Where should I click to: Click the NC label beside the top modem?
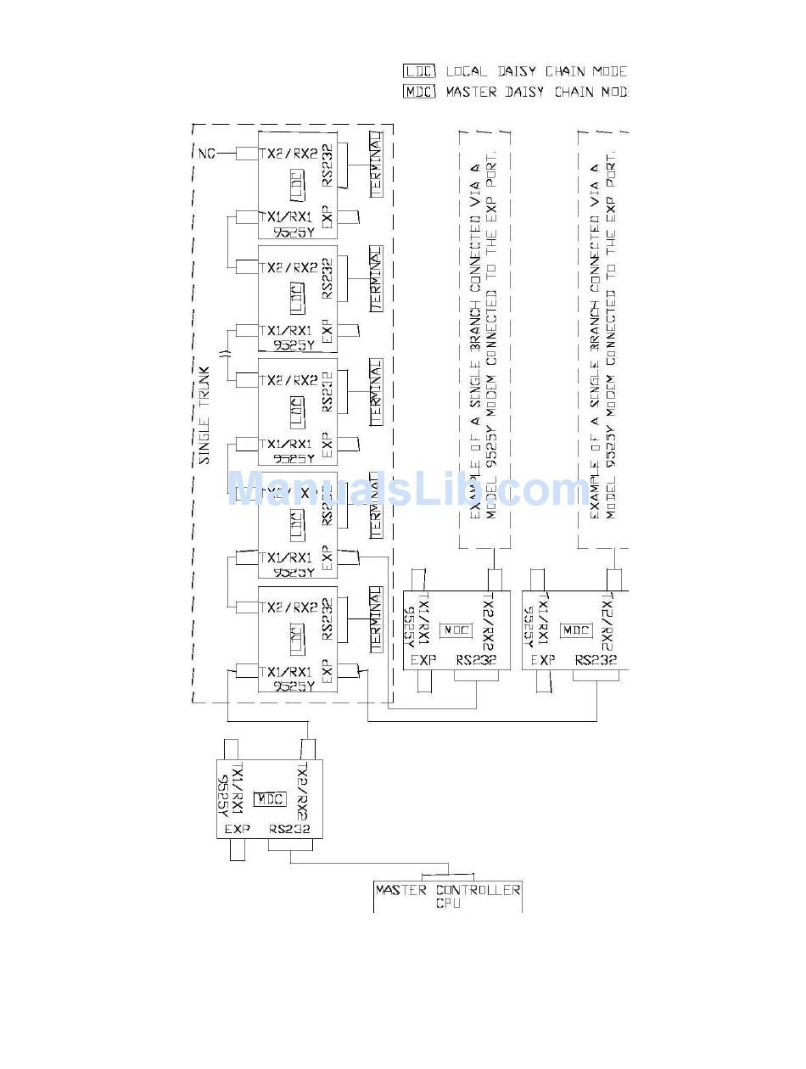(206, 154)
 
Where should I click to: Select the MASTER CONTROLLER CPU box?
(447, 897)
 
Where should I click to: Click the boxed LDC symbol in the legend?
(419, 71)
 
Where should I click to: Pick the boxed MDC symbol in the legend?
(419, 92)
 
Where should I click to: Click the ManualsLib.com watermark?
(407, 490)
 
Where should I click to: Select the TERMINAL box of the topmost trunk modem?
(376, 165)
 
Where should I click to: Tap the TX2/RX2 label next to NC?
(288, 154)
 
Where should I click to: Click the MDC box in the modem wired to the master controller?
(271, 799)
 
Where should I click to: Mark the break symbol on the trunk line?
(225, 355)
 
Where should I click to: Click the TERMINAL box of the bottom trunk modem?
(376, 619)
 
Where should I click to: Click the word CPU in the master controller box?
(447, 904)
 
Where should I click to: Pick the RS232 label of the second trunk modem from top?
(327, 278)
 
